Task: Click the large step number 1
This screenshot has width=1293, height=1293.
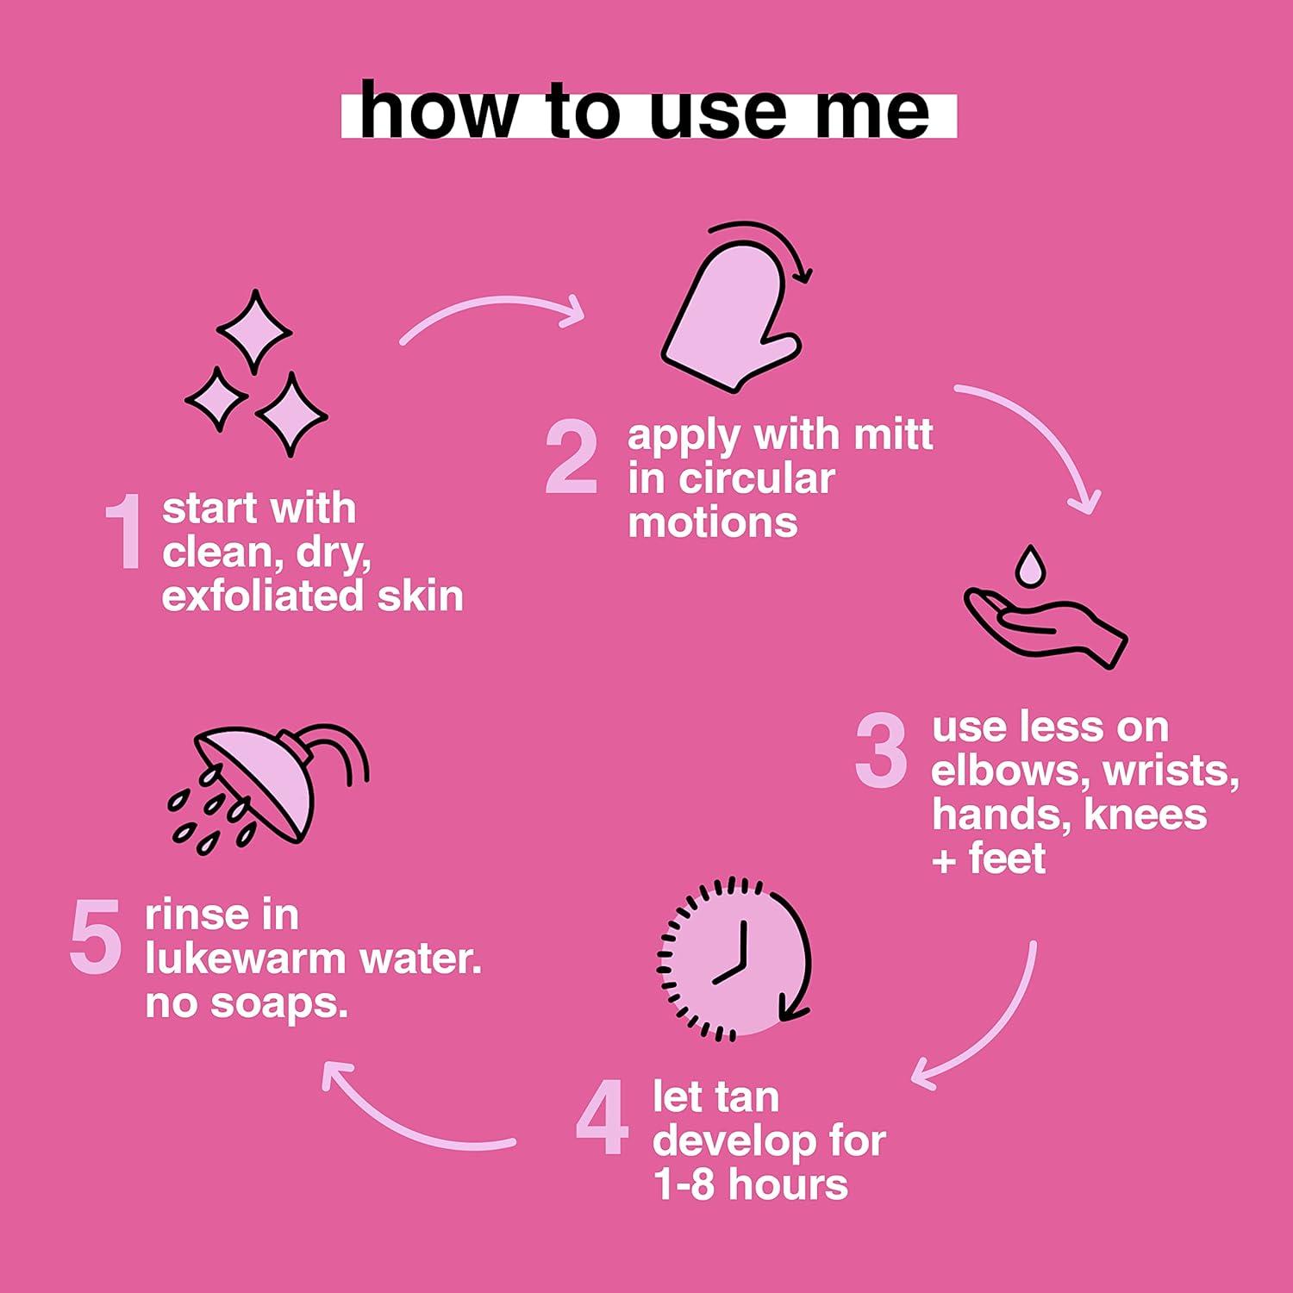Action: coord(123,531)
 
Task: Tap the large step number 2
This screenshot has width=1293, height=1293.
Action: coord(572,457)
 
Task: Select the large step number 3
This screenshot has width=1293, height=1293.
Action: coord(881,751)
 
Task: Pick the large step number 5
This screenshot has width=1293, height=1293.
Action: coord(95,937)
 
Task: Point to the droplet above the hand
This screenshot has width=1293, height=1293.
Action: coord(1029,565)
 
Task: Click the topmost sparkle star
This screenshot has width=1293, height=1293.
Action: coord(254,332)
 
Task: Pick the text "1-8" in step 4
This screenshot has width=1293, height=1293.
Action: coord(684,1185)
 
